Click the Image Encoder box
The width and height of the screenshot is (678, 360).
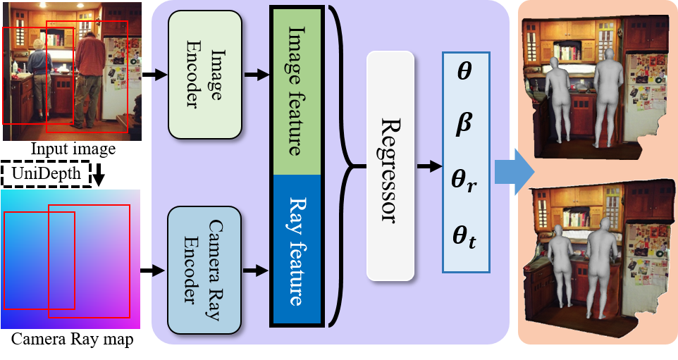click(x=205, y=74)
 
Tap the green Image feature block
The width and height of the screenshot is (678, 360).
click(x=297, y=90)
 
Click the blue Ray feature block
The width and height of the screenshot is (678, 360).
click(x=297, y=249)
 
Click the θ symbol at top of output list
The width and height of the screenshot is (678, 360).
click(x=464, y=72)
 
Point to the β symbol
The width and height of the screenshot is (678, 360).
click(x=464, y=124)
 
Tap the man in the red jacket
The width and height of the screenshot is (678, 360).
click(x=89, y=77)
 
